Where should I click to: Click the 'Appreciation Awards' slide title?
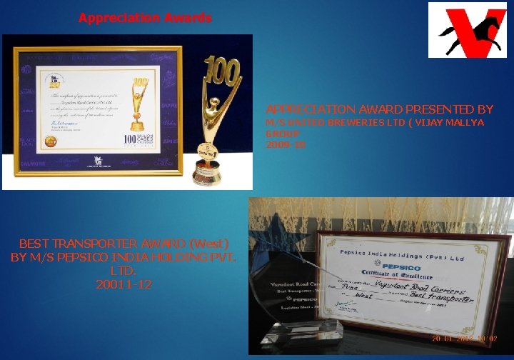pyautogui.click(x=145, y=18)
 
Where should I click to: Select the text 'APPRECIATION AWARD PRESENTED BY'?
pyautogui.click(x=379, y=109)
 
